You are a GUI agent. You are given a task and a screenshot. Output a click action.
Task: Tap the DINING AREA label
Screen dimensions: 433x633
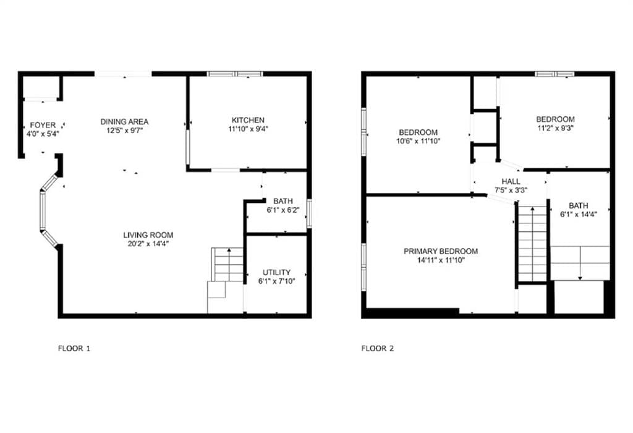pyautogui.click(x=125, y=121)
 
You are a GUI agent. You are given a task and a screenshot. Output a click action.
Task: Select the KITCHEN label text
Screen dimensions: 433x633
pyautogui.click(x=248, y=120)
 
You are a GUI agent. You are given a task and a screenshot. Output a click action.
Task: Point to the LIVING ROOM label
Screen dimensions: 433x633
pyautogui.click(x=148, y=235)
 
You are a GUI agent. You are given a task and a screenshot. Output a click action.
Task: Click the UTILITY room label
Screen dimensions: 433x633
pyautogui.click(x=276, y=273)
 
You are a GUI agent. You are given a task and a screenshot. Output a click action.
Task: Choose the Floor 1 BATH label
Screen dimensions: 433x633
pyautogui.click(x=283, y=201)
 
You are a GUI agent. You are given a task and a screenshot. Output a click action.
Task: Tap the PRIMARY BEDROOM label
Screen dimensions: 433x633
pyautogui.click(x=440, y=251)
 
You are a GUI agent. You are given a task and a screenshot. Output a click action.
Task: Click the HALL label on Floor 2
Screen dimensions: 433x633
pyautogui.click(x=511, y=181)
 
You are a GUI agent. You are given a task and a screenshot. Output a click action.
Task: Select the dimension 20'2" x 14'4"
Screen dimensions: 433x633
pyautogui.click(x=148, y=244)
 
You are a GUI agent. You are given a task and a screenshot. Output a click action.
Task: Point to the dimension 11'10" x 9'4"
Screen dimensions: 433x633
pyautogui.click(x=248, y=129)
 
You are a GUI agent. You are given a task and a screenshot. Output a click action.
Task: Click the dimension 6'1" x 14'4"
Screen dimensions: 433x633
pyautogui.click(x=579, y=215)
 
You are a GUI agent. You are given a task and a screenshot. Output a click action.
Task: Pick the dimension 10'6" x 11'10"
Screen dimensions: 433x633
pyautogui.click(x=418, y=141)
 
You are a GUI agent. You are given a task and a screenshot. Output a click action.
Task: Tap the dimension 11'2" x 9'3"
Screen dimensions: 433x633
pyautogui.click(x=555, y=129)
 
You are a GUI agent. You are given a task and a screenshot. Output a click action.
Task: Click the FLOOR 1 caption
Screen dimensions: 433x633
pyautogui.click(x=74, y=348)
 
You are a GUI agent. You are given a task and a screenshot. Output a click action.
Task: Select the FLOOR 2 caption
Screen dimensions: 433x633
pyautogui.click(x=378, y=348)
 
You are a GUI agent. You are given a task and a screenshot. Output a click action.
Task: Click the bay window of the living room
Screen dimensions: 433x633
pyautogui.click(x=46, y=210)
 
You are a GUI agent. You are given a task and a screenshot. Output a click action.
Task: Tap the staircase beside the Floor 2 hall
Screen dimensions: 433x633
pyautogui.click(x=532, y=244)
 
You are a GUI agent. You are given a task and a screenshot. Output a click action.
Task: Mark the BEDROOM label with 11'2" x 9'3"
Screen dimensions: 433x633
pyautogui.click(x=555, y=119)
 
